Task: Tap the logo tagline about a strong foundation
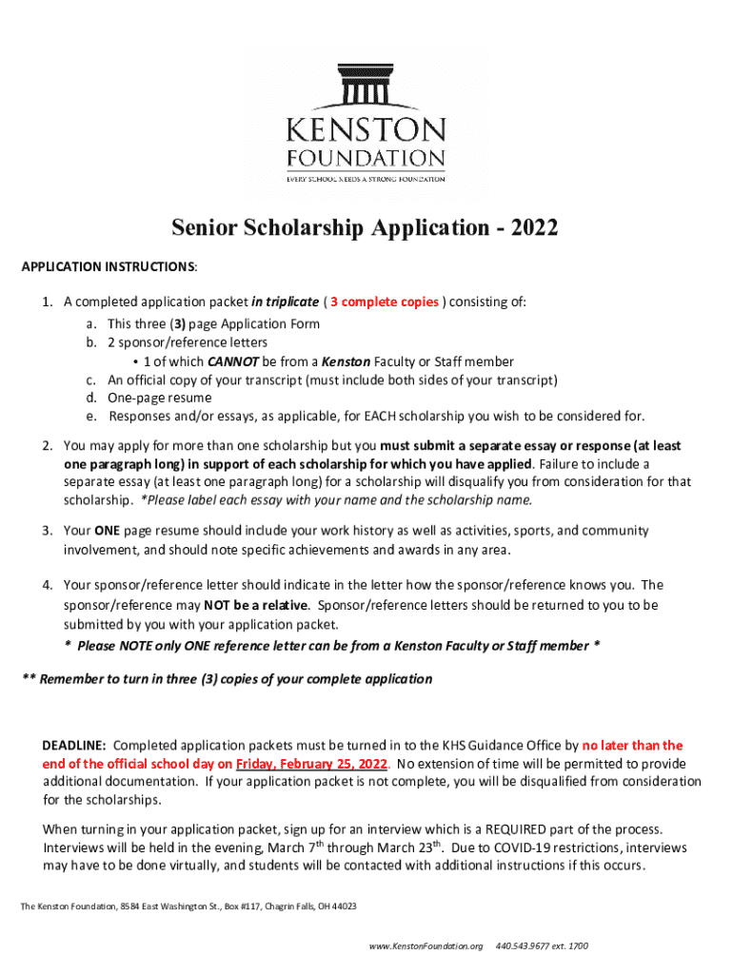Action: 366,178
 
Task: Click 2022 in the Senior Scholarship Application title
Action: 533,228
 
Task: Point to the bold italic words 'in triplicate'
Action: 285,302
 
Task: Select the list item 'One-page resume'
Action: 159,398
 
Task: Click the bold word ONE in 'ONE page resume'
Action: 106,531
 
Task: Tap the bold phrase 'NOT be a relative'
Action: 257,605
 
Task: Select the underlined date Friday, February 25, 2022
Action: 311,764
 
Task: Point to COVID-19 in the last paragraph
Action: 516,847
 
